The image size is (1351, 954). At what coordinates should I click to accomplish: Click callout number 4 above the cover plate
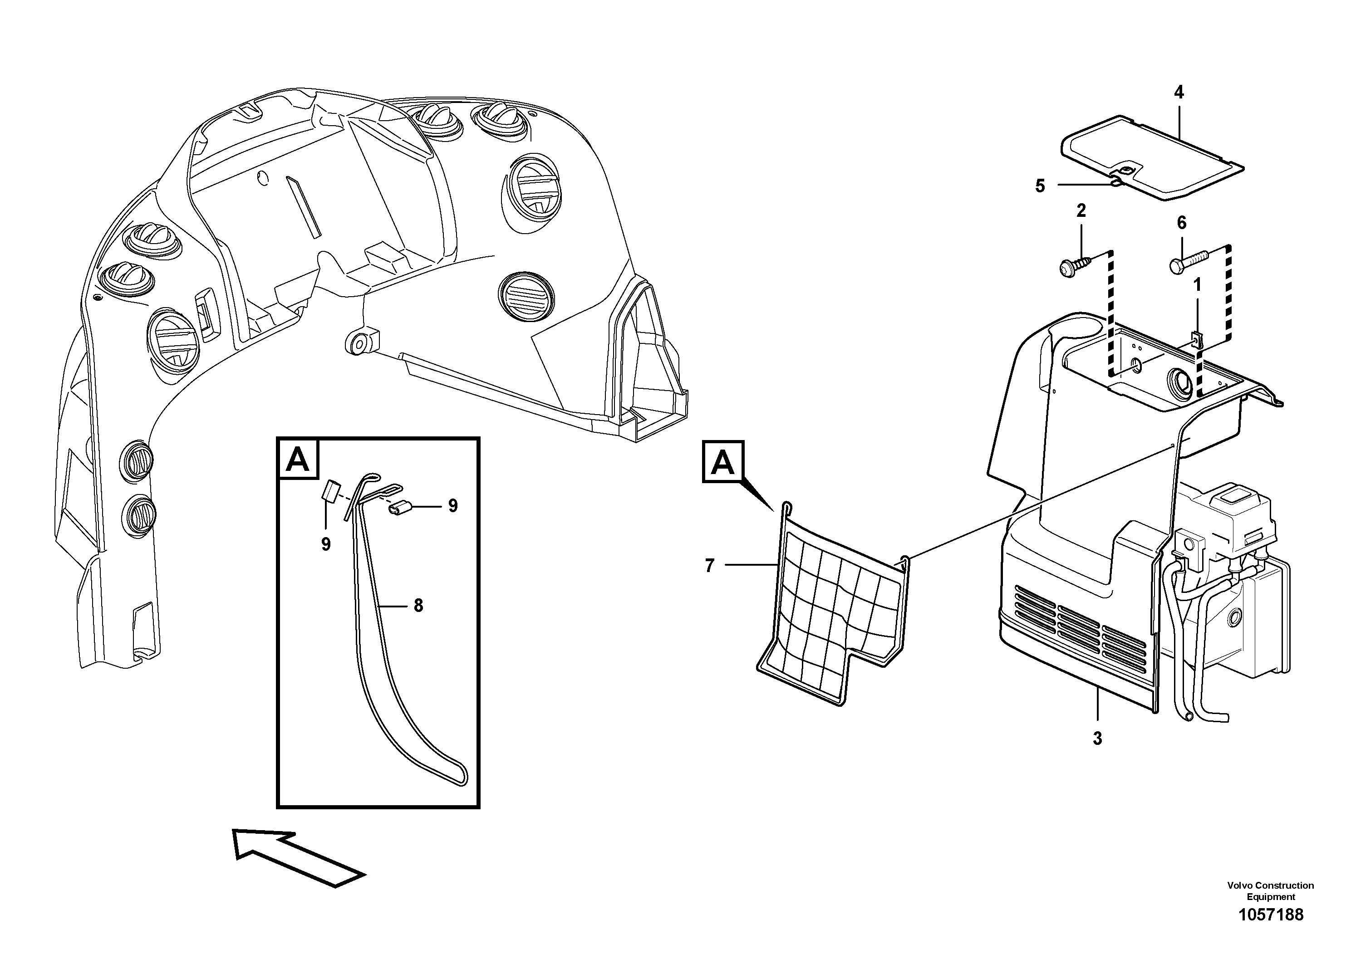click(1179, 93)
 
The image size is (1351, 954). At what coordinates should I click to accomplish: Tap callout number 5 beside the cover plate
click(1040, 186)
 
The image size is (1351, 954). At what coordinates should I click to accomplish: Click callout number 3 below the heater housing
click(1097, 739)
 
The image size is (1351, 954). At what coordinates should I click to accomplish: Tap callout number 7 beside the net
click(710, 566)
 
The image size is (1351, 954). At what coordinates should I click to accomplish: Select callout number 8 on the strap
click(418, 606)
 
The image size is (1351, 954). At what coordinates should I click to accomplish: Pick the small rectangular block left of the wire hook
click(331, 490)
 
